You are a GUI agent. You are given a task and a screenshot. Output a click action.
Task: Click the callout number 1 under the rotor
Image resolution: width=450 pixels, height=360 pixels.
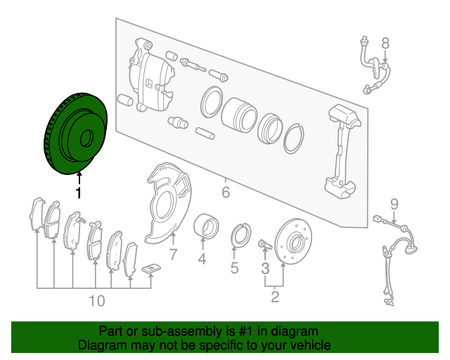(x=78, y=193)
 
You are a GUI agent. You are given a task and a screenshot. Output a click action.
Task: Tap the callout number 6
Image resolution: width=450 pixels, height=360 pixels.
(x=226, y=192)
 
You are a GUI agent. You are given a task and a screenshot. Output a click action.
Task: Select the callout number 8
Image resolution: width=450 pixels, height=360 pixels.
(x=385, y=44)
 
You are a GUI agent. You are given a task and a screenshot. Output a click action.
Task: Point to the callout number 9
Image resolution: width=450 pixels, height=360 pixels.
(x=394, y=205)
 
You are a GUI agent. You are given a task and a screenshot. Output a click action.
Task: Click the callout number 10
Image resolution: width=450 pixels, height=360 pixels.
(x=97, y=301)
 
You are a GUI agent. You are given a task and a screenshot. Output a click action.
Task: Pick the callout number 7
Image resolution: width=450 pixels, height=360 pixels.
(x=173, y=254)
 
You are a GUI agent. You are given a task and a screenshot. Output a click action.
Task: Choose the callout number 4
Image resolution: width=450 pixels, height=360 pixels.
(x=202, y=259)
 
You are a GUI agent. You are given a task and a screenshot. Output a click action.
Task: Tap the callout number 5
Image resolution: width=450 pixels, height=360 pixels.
(x=234, y=268)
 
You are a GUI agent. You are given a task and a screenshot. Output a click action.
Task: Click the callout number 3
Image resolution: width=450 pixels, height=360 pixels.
(x=266, y=269)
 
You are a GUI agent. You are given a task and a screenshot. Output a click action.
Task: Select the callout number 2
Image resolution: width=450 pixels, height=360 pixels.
(x=275, y=297)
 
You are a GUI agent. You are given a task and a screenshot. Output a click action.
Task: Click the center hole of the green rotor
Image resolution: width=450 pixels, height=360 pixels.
(x=86, y=138)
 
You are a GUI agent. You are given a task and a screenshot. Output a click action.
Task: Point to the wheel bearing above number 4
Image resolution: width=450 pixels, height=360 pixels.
(x=206, y=226)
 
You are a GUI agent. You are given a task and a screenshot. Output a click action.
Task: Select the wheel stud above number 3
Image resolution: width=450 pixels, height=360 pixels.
(x=265, y=244)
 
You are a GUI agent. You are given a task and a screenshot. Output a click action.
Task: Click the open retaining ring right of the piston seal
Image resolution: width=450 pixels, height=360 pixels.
(x=294, y=139)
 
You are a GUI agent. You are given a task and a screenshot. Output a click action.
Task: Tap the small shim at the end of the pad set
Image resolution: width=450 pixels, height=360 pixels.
(x=151, y=269)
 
